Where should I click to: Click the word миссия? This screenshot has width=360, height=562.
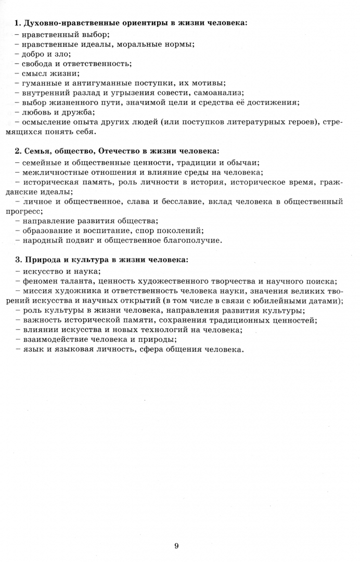click(x=38, y=290)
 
